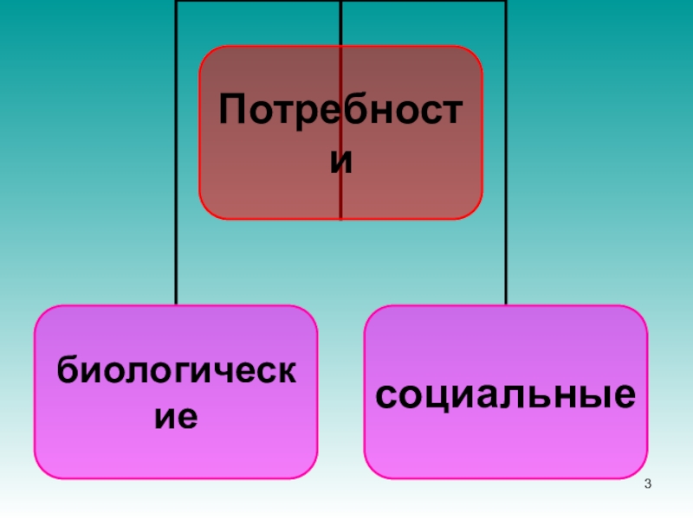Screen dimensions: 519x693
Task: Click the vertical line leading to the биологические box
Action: (176, 259)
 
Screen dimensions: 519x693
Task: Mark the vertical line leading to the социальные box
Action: (506, 259)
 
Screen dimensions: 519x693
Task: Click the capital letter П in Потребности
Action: (232, 111)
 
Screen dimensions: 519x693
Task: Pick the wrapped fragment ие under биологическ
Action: (176, 417)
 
